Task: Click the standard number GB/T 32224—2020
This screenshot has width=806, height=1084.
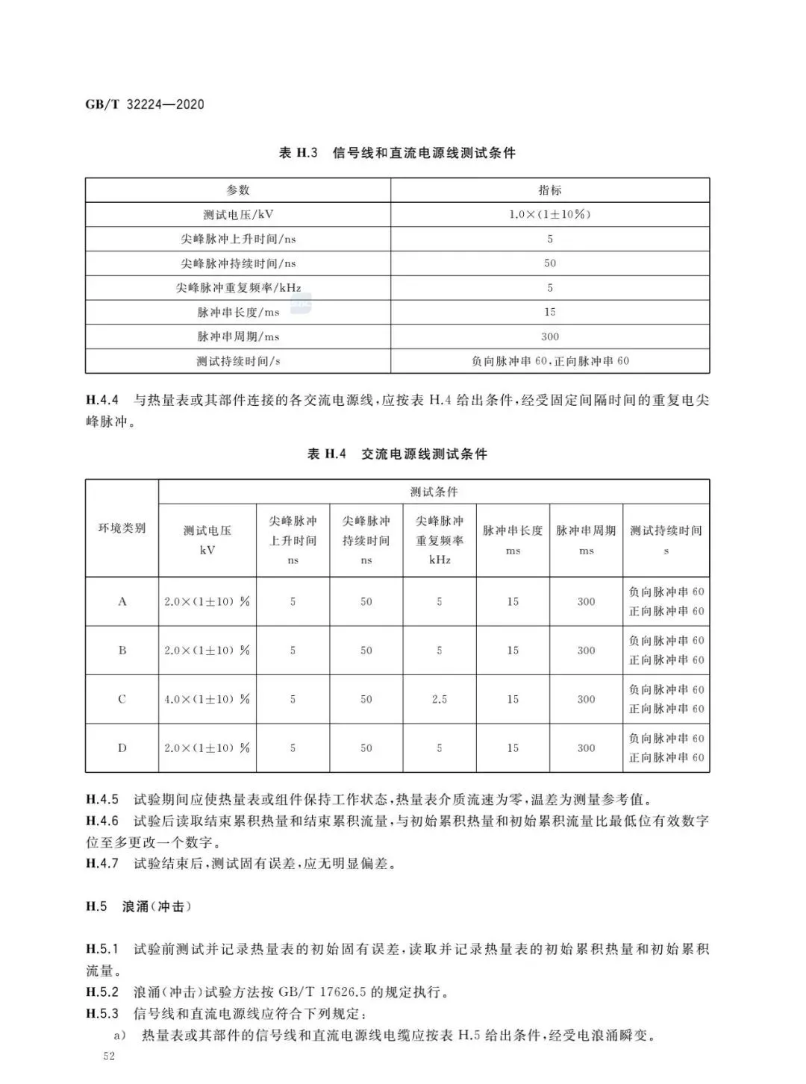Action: (x=145, y=104)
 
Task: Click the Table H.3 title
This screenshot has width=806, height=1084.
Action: (x=397, y=153)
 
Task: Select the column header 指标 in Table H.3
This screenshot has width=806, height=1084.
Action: (x=550, y=190)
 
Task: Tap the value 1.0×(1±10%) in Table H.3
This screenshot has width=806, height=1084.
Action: (x=550, y=214)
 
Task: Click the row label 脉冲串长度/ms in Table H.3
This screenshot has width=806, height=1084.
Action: (x=238, y=312)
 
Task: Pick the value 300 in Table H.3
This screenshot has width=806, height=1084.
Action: (x=550, y=336)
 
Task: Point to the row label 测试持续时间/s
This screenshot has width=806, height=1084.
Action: (x=238, y=361)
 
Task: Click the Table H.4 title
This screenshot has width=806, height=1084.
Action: (x=397, y=454)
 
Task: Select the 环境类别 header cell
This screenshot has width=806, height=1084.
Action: (x=122, y=528)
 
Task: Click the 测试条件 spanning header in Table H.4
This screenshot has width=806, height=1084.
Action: (x=434, y=492)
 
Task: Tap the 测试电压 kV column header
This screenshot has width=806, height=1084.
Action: (x=207, y=539)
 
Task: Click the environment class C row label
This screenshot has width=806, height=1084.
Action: (x=122, y=699)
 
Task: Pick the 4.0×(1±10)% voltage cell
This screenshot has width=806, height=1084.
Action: (x=207, y=699)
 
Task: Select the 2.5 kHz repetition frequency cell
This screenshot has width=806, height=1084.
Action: (x=440, y=699)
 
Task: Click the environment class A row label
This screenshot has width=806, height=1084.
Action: (x=122, y=601)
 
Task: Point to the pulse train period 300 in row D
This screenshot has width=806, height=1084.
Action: (x=586, y=748)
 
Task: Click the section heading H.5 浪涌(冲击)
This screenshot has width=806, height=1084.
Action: (x=139, y=906)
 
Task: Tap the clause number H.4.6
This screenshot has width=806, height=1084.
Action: (x=102, y=821)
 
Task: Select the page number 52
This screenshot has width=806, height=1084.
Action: (x=109, y=1057)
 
